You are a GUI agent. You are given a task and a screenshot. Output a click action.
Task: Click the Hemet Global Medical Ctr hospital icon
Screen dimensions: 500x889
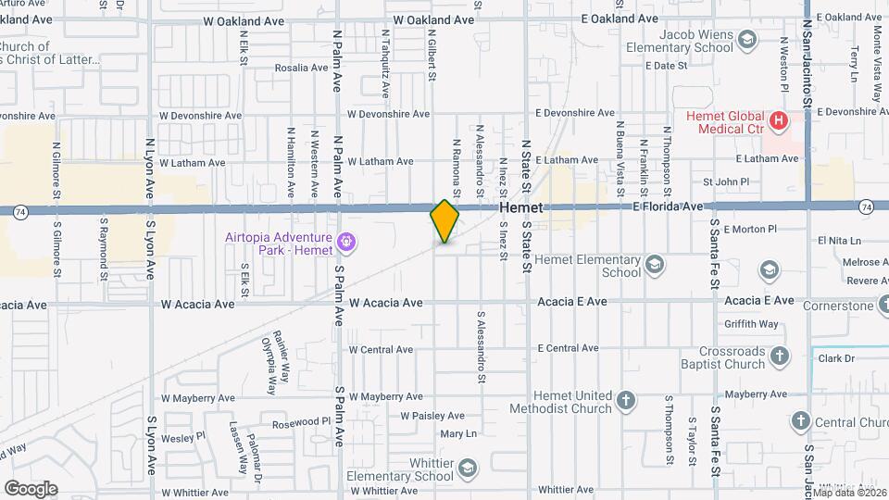779,119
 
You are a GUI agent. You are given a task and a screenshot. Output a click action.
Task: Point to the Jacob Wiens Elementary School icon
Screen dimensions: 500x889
747,39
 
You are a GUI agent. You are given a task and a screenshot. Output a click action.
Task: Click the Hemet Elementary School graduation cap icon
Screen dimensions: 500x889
655,266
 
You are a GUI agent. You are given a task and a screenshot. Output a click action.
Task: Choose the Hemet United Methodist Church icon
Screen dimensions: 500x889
626,401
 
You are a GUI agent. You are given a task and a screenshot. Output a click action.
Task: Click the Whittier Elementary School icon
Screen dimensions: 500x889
467,469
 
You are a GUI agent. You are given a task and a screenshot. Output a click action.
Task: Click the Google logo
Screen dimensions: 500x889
31,488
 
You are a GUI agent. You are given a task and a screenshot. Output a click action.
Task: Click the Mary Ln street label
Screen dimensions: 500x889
458,433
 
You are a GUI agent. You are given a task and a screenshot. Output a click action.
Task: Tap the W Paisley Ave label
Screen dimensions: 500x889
432,416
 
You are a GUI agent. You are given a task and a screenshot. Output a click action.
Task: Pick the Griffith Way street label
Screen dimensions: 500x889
752,324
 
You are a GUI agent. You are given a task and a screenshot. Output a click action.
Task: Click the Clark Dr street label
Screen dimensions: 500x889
835,357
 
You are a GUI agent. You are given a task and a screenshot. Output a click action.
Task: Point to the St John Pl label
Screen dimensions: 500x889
725,181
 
